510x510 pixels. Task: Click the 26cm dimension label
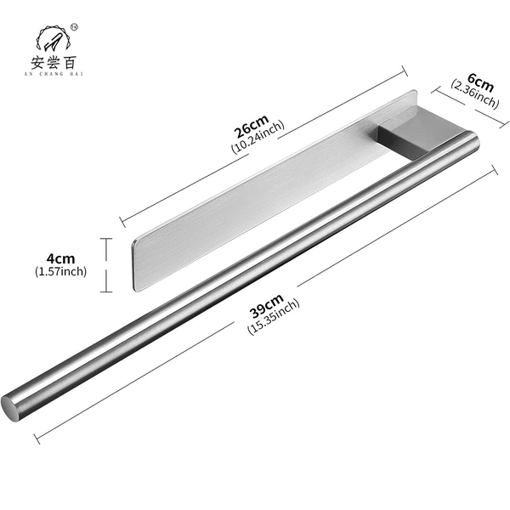pos(252,126)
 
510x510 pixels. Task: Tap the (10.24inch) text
pos(258,137)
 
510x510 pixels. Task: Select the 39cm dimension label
pos(267,306)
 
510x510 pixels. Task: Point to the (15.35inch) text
pos(273,317)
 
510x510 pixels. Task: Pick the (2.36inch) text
pos(475,94)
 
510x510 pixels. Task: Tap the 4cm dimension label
pos(61,259)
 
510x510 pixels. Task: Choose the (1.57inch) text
pos(61,271)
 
